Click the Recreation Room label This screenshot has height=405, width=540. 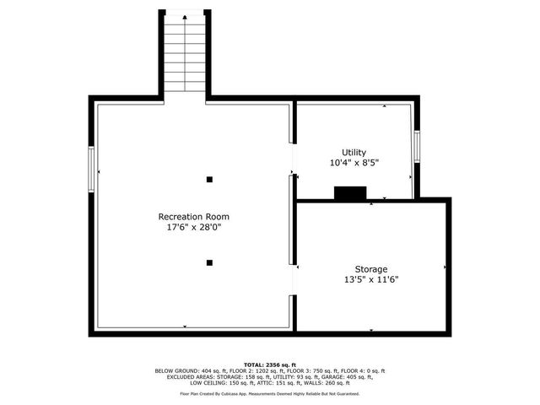click(x=193, y=217)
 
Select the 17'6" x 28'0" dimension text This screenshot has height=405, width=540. click(x=193, y=227)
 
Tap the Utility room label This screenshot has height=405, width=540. click(x=354, y=152)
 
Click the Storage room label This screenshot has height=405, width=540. click(x=370, y=269)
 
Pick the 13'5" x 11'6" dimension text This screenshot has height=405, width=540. click(x=370, y=279)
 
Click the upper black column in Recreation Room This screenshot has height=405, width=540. click(x=209, y=179)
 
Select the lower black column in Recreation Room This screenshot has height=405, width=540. click(x=209, y=262)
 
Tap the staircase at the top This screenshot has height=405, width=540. click(x=185, y=55)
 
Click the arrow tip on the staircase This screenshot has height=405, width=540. click(x=185, y=15)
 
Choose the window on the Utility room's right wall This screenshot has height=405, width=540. click(x=416, y=145)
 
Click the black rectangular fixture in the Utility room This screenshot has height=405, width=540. click(x=349, y=193)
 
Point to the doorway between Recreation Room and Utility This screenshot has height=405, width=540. click(x=293, y=159)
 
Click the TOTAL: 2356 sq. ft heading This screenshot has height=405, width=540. click(x=270, y=364)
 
